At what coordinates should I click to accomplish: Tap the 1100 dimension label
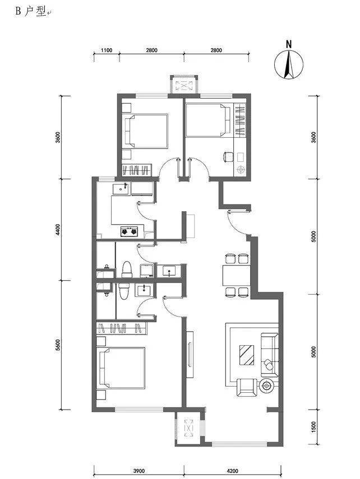tap(107, 50)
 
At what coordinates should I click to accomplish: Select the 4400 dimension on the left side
tap(58, 230)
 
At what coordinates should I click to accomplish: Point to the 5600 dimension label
tap(58, 345)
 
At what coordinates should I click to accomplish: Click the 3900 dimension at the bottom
tap(139, 471)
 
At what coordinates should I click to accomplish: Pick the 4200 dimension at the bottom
tap(233, 471)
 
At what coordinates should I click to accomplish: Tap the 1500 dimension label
tap(313, 427)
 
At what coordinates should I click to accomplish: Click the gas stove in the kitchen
tap(129, 231)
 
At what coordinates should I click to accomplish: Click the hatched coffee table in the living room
tap(247, 355)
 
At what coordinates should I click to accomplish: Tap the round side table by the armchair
tap(266, 386)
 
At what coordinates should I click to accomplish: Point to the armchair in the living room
tap(247, 387)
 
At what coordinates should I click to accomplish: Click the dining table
tap(236, 275)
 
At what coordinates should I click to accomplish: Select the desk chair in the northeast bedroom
tap(228, 157)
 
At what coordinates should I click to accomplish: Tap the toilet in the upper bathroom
tap(126, 269)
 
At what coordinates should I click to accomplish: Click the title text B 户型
tap(31, 11)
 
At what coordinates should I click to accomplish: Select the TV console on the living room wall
tap(190, 355)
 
